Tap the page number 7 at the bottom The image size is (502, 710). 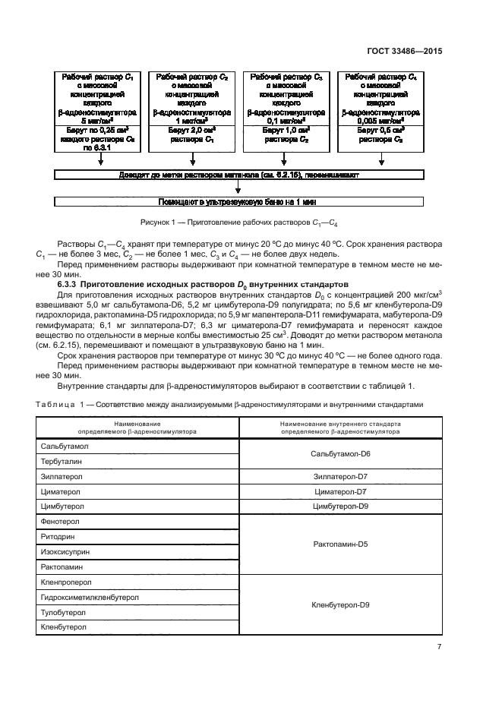[439, 646]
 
